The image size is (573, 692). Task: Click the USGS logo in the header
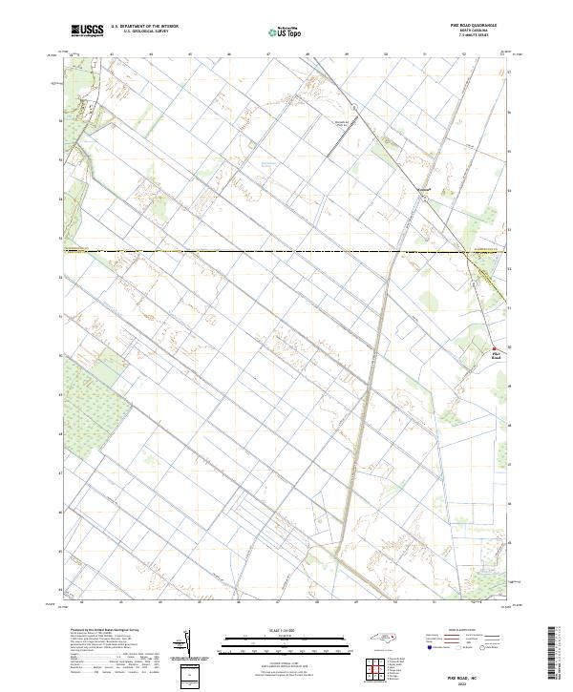(x=87, y=31)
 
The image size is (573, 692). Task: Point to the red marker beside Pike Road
(x=494, y=347)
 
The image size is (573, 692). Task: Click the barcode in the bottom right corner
(x=560, y=658)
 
